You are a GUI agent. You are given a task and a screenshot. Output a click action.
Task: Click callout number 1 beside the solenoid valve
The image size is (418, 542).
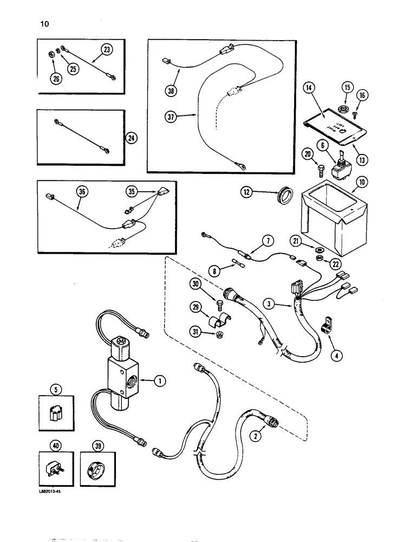point(159,381)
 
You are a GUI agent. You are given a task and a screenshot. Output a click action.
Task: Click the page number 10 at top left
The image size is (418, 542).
point(41,24)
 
